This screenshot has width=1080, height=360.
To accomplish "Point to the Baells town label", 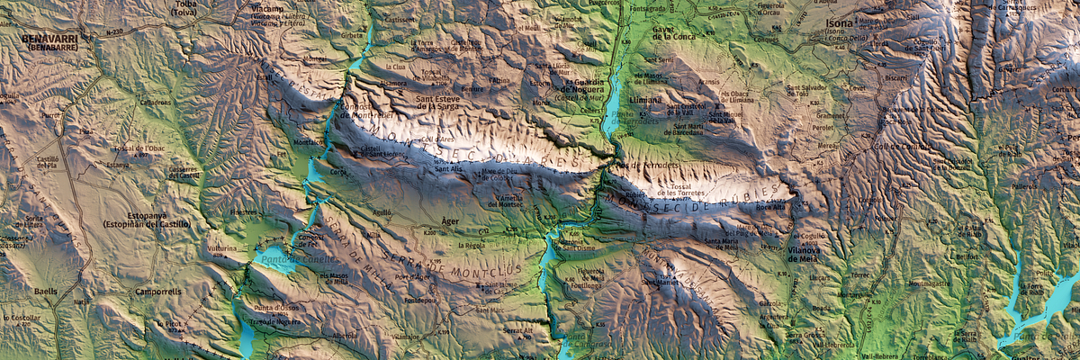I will (45, 292).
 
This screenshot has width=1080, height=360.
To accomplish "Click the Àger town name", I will (451, 219).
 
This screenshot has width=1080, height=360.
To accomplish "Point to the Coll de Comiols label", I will (899, 146).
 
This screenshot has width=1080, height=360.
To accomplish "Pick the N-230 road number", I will (114, 32).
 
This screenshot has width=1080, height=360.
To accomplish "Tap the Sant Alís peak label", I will (448, 169).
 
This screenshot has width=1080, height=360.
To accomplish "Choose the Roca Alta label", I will (769, 205).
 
